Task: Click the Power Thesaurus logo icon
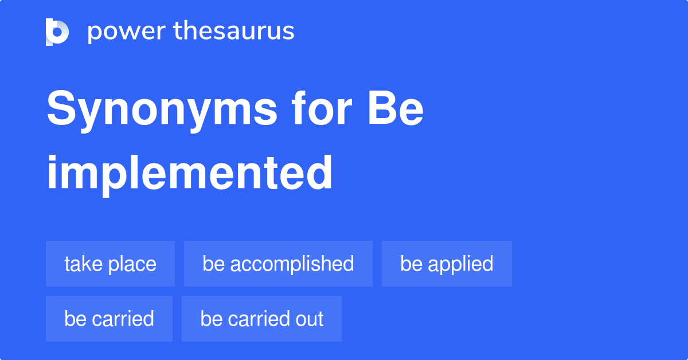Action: (57, 32)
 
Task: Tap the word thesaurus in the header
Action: (234, 32)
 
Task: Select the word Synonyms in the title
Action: (162, 110)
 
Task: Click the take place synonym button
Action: (110, 264)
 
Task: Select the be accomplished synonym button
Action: (278, 264)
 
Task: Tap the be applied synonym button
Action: (447, 264)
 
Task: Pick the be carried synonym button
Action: (109, 319)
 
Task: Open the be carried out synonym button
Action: (261, 319)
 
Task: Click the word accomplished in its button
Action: (292, 264)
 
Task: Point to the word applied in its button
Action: (461, 264)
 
